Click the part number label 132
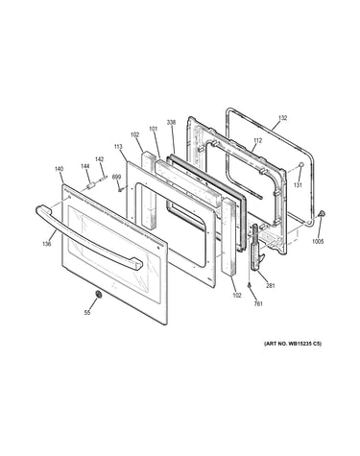click(x=282, y=118)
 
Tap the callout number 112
click(x=257, y=140)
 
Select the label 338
click(x=171, y=122)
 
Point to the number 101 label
click(x=154, y=129)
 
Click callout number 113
click(x=118, y=147)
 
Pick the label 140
click(x=59, y=169)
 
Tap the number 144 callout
click(x=84, y=166)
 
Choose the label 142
click(x=99, y=159)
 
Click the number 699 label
click(x=116, y=177)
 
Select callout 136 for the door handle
click(x=46, y=244)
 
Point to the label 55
click(x=87, y=313)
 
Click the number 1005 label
click(x=318, y=241)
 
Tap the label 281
click(x=271, y=286)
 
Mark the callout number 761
click(x=258, y=304)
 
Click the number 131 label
click(x=298, y=185)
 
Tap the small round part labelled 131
click(x=301, y=164)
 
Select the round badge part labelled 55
click(x=99, y=294)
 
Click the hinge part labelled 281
click(x=258, y=248)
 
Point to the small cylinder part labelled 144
click(x=90, y=185)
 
